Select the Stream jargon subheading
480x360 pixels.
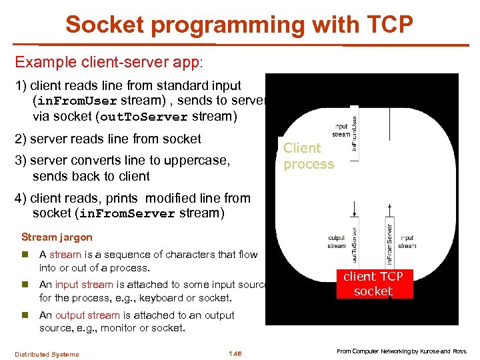tap(57, 237)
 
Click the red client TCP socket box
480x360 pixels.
tap(373, 284)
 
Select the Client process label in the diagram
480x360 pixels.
tap(308, 156)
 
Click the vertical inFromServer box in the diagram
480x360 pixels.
tap(389, 243)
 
